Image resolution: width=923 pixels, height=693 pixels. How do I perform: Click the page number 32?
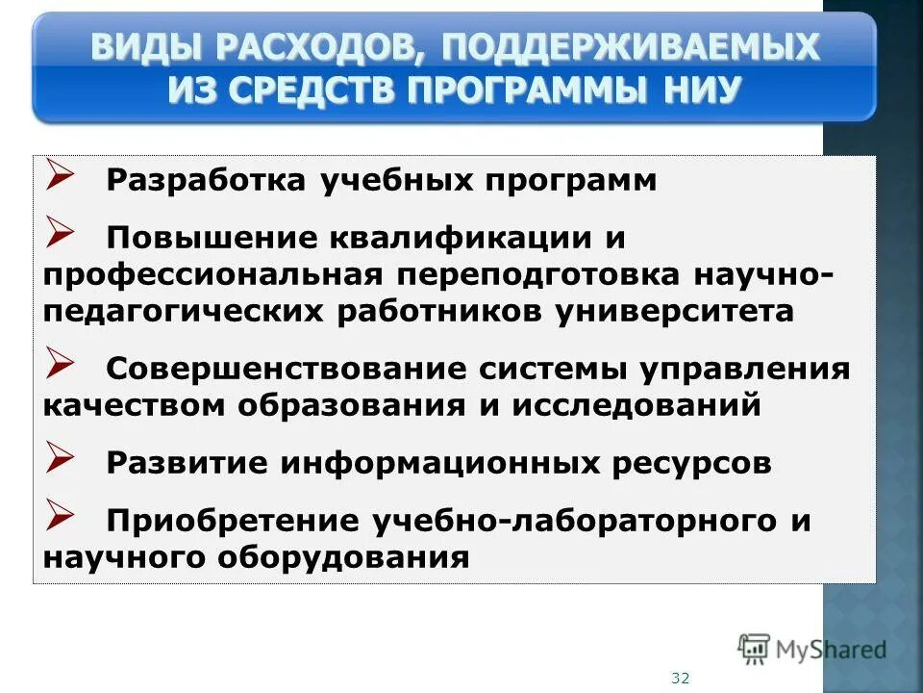pyautogui.click(x=681, y=678)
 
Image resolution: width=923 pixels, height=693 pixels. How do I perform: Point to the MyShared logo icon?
pyautogui.click(x=755, y=650)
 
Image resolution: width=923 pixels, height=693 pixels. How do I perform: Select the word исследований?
pyautogui.click(x=636, y=405)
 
